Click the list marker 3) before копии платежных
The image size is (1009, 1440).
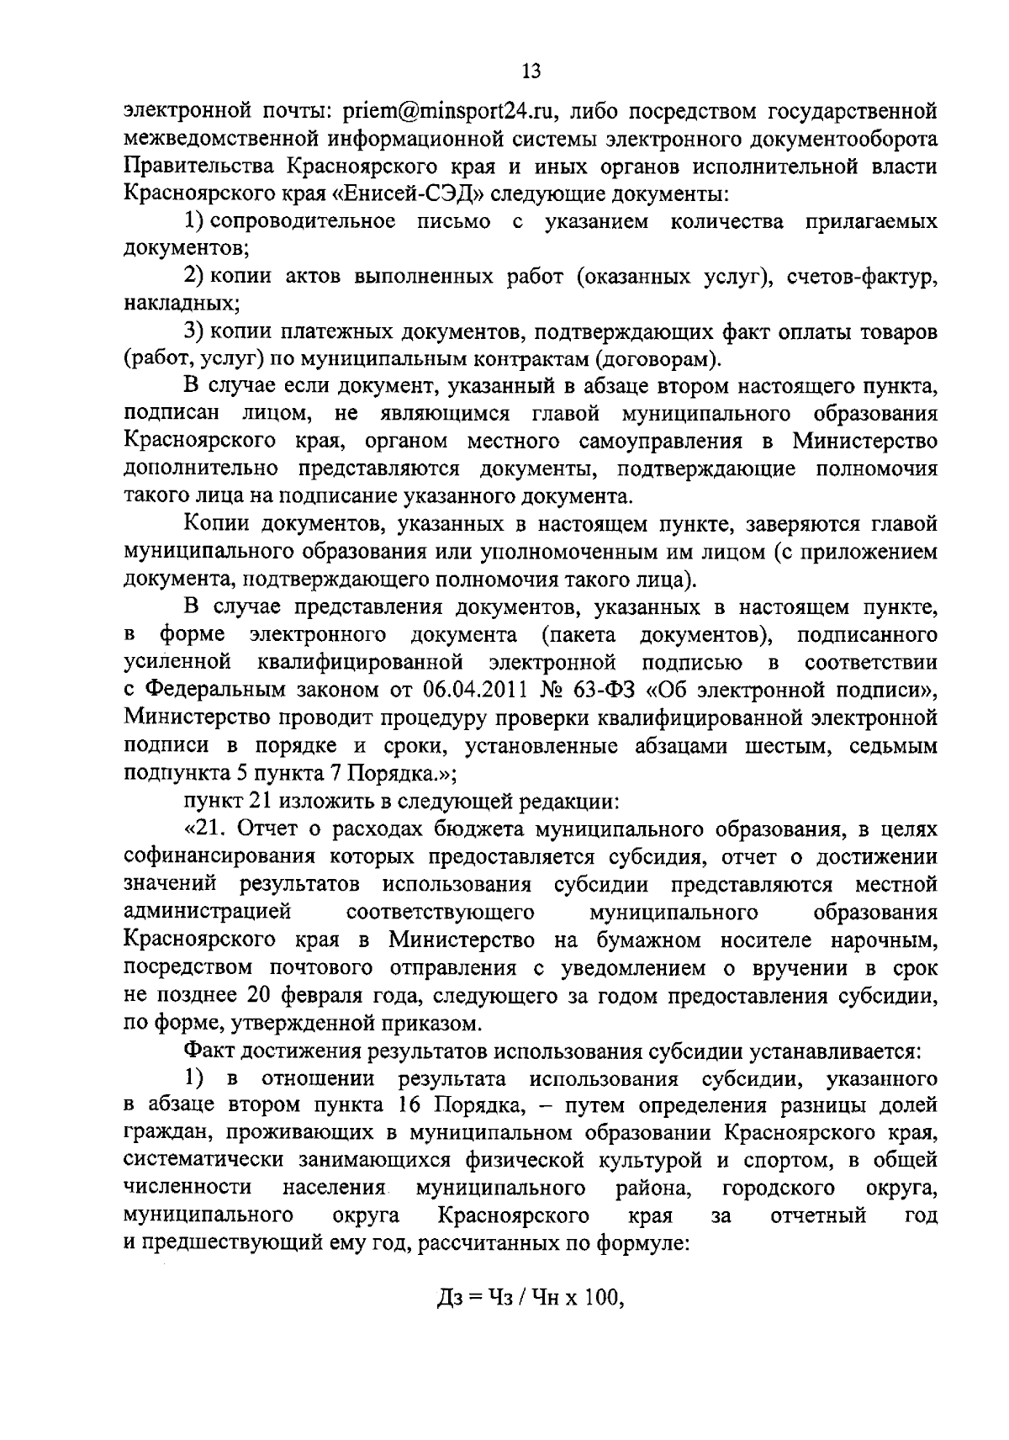point(195,333)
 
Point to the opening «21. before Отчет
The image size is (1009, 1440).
point(209,829)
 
